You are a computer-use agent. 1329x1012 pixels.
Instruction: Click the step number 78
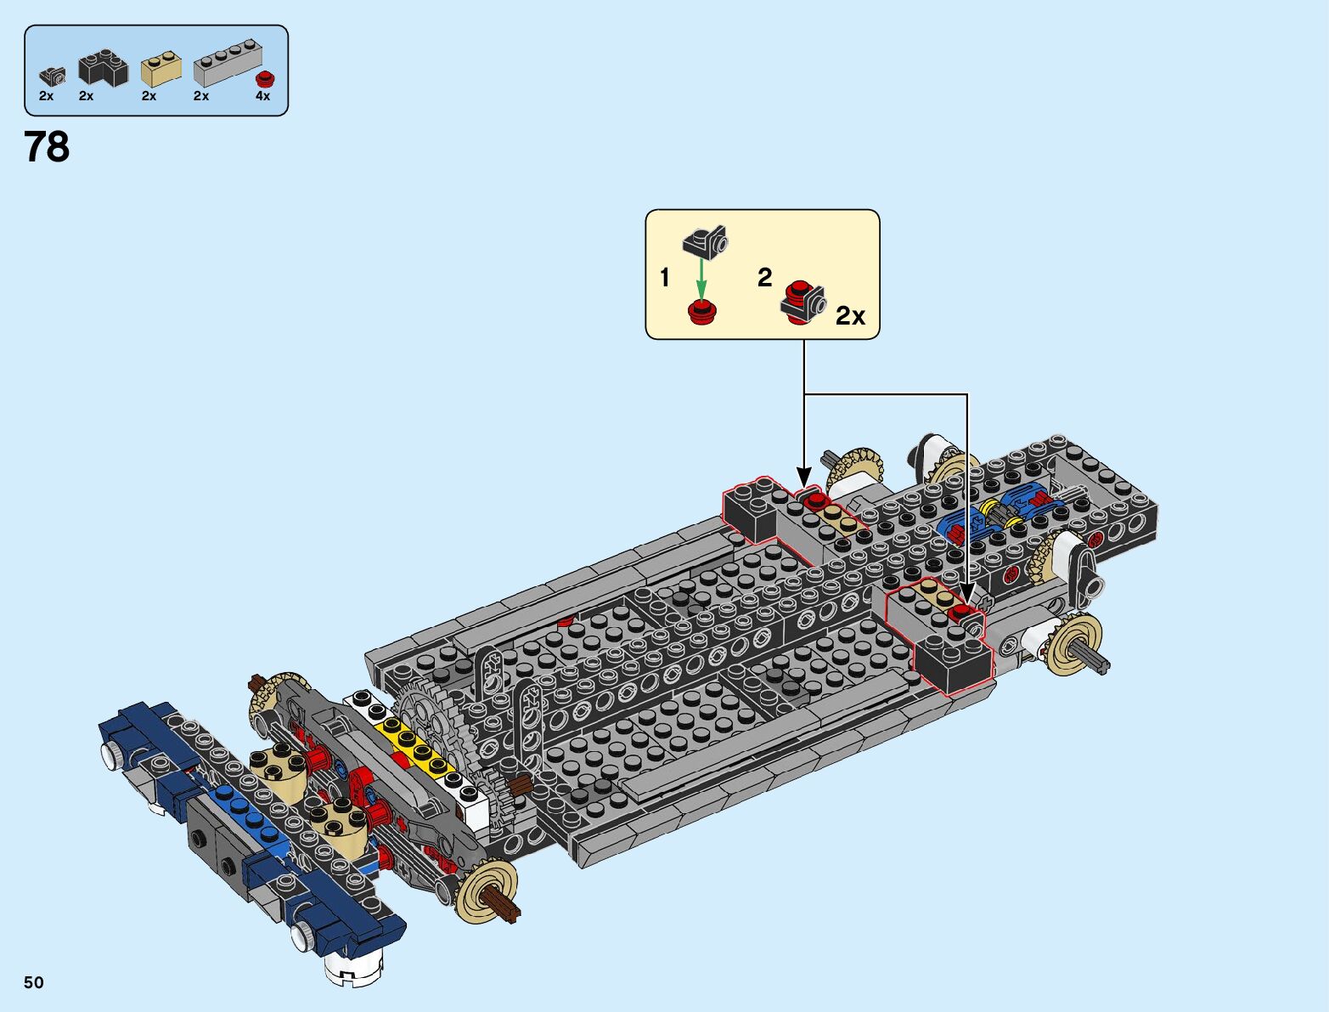[x=48, y=147]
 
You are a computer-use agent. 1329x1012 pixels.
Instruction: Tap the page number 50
[x=33, y=982]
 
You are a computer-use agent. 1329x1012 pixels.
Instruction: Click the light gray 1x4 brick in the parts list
[x=227, y=65]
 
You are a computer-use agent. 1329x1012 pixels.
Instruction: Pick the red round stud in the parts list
[x=266, y=79]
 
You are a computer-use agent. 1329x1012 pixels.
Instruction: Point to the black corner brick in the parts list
[x=102, y=68]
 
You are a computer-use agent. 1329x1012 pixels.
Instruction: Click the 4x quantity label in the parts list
[x=263, y=96]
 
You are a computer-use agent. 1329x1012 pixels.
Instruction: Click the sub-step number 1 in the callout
[x=665, y=278]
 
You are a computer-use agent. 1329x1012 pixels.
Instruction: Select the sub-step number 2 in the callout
[x=765, y=277]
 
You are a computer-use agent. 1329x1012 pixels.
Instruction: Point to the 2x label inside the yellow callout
[x=850, y=316]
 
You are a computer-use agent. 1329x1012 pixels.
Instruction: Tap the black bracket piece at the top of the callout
[x=707, y=241]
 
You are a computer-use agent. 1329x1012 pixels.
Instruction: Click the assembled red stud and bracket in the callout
[x=802, y=302]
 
